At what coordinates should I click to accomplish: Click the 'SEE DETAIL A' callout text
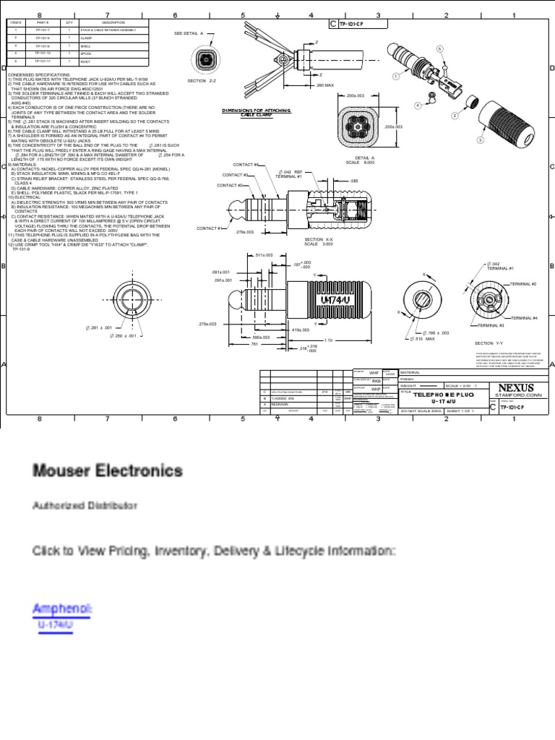[x=189, y=33]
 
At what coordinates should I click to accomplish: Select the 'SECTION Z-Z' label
[x=202, y=81]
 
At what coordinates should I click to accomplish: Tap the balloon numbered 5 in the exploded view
[x=438, y=48]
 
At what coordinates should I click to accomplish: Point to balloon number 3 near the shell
[x=480, y=139]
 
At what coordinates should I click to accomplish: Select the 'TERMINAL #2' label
[x=523, y=285]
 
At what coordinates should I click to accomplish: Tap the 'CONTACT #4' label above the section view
[x=245, y=165]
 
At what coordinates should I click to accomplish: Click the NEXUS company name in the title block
[x=516, y=388]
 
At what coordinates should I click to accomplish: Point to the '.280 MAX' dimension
[x=324, y=85]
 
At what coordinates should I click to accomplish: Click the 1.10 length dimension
[x=327, y=340]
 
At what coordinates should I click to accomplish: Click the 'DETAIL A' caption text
[x=363, y=158]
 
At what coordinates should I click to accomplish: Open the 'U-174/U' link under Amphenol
[x=56, y=624]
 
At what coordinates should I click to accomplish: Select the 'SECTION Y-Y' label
[x=489, y=343]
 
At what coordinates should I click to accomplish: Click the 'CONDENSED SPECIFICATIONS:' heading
[x=38, y=74]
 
